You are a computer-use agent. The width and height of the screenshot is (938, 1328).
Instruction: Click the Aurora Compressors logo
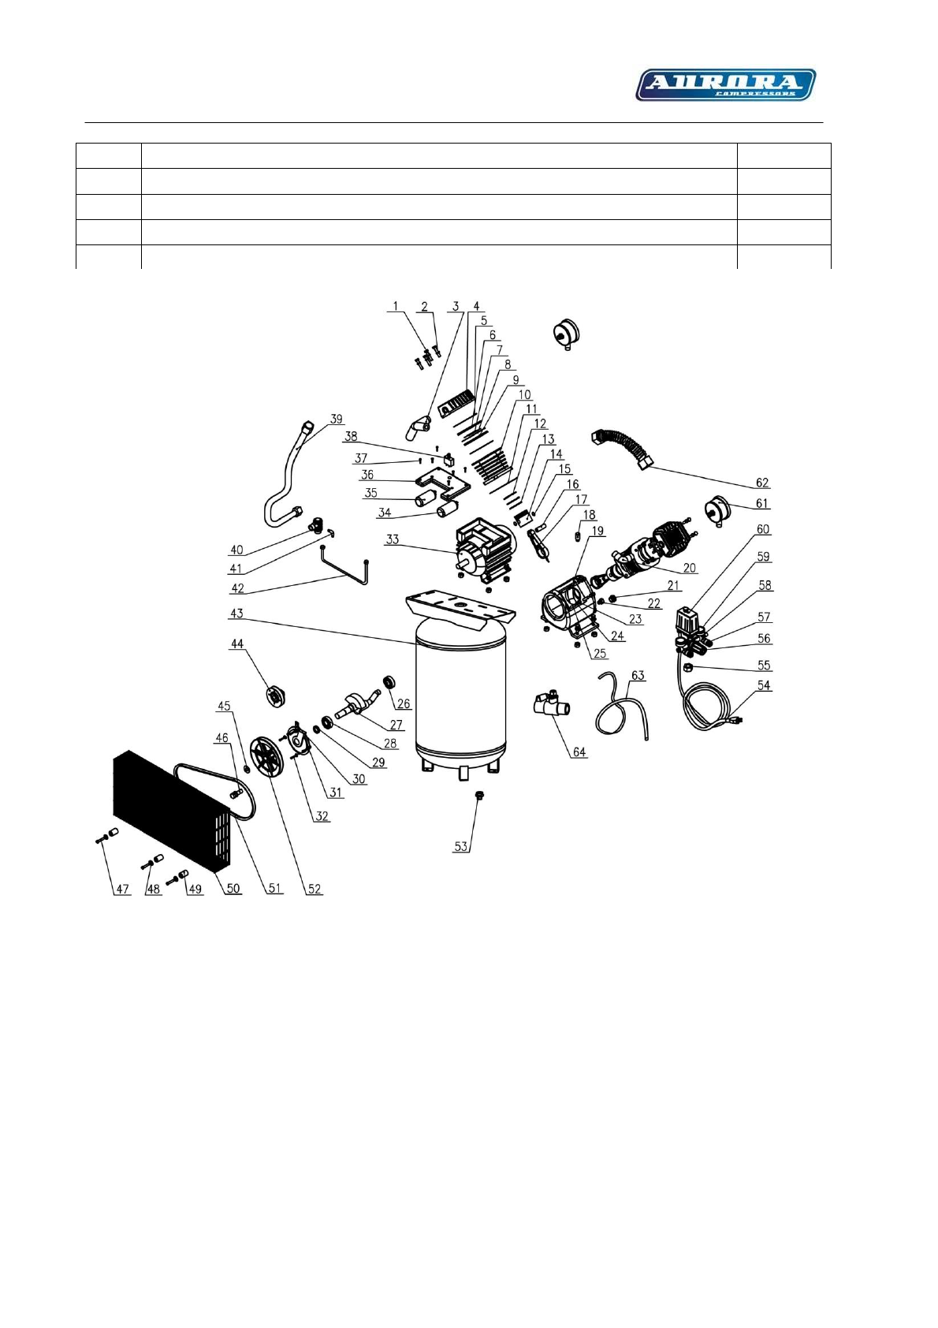725,84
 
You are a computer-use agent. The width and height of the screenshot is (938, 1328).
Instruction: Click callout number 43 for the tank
236,613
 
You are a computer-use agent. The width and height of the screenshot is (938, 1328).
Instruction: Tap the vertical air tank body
461,694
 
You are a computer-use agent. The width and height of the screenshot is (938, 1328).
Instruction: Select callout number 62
761,483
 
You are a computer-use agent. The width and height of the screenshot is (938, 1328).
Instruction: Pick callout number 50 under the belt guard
233,889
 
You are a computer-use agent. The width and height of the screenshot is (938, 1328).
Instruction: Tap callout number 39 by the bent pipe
337,419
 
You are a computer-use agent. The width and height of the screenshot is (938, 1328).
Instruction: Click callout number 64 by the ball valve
579,752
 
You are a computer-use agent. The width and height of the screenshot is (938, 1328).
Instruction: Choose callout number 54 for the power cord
764,685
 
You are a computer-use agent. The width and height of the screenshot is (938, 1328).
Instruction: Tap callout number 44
236,644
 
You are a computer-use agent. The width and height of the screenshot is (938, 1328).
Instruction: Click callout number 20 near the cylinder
690,568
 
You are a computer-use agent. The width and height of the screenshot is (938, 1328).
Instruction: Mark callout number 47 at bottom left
122,889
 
